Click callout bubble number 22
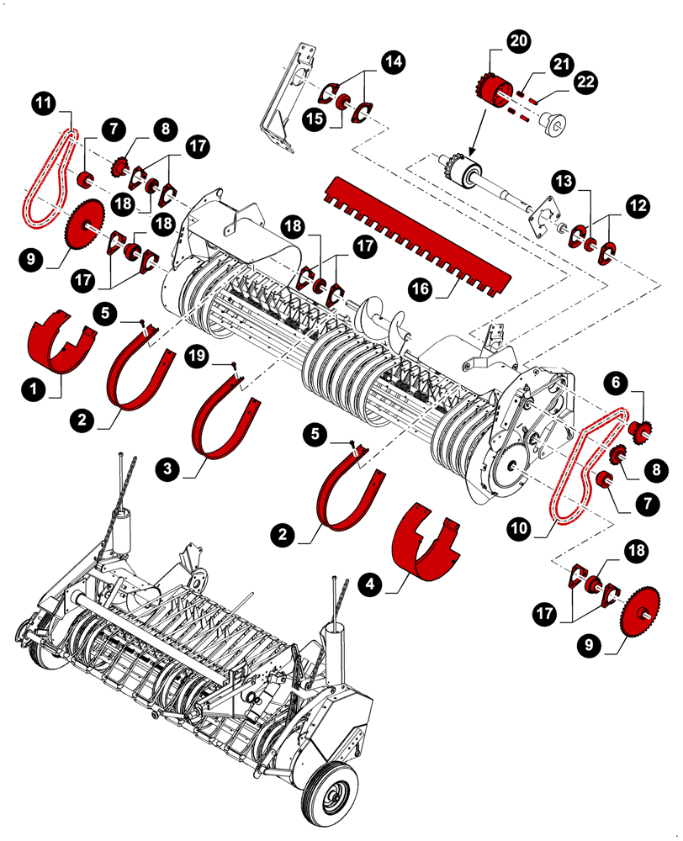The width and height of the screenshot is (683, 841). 586,82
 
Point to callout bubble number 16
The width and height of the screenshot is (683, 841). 421,288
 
